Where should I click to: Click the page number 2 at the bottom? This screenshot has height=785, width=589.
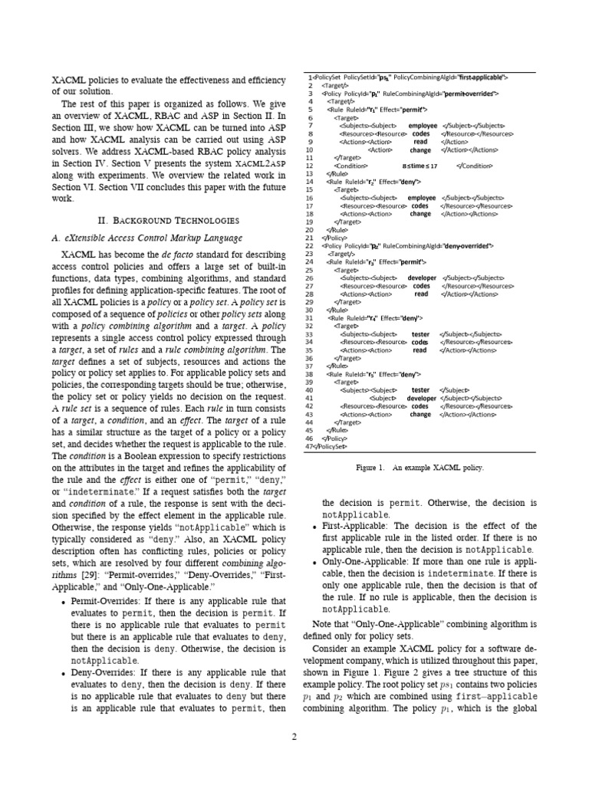294,737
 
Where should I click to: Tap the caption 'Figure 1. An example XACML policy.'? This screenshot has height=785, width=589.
420,467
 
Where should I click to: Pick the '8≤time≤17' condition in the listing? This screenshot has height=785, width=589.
419,166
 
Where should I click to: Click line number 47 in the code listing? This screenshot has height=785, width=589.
308,445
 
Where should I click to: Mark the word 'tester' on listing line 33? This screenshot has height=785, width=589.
420,334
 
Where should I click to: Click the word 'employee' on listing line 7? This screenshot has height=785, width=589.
422,126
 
